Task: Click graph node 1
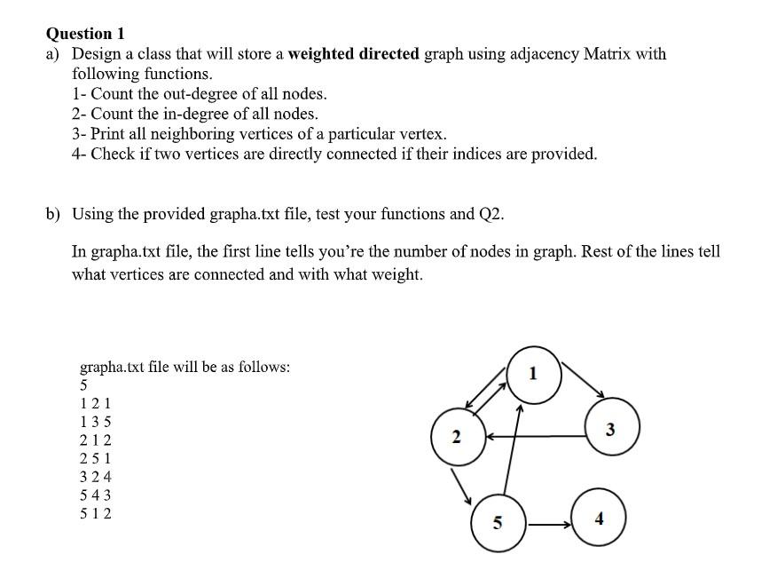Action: [x=532, y=373]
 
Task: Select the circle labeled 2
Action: [x=458, y=437]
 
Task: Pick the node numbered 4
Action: [x=599, y=519]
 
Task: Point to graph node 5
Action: [x=497, y=523]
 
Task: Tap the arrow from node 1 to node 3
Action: [x=583, y=379]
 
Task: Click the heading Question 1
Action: [x=85, y=34]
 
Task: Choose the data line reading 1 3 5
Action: [x=96, y=422]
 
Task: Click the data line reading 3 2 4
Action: [x=96, y=477]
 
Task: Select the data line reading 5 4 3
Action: [x=96, y=495]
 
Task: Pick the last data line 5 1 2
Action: [x=96, y=513]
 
